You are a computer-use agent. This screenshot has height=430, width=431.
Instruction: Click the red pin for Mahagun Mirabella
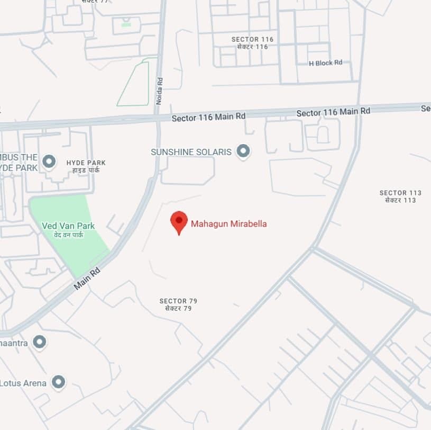pyautogui.click(x=179, y=221)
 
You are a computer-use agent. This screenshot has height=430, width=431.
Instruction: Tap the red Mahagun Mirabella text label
pyautogui.click(x=228, y=224)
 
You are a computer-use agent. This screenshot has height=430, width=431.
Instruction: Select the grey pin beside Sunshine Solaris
pyautogui.click(x=243, y=151)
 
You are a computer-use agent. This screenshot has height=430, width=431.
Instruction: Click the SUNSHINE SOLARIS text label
pyautogui.click(x=191, y=152)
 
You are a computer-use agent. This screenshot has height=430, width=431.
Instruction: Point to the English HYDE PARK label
pyautogui.click(x=86, y=163)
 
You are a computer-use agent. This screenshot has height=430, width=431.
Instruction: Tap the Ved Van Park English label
pyautogui.click(x=68, y=226)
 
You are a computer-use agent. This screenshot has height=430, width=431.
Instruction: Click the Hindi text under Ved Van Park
pyautogui.click(x=69, y=235)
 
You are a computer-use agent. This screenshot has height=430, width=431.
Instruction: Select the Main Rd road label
pyautogui.click(x=87, y=279)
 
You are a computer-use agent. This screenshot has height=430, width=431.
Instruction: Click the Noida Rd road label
pyautogui.click(x=160, y=91)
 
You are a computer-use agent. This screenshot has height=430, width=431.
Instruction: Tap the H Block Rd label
pyautogui.click(x=325, y=63)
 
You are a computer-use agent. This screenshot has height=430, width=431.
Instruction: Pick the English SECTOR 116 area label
pyautogui.click(x=252, y=39)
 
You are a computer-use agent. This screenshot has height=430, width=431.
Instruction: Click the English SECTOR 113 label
pyautogui.click(x=400, y=193)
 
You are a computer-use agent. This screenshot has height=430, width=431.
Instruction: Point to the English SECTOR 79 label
pyautogui.click(x=178, y=301)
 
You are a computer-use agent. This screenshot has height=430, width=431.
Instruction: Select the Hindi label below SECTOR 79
pyautogui.click(x=178, y=308)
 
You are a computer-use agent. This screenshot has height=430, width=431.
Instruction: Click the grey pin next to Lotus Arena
pyautogui.click(x=58, y=381)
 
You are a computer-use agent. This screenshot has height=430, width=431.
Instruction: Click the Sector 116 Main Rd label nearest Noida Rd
pyautogui.click(x=209, y=116)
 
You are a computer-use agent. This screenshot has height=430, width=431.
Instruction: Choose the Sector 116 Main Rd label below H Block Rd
pyautogui.click(x=333, y=112)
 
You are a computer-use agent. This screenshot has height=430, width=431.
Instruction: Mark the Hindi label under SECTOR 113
pyautogui.click(x=400, y=200)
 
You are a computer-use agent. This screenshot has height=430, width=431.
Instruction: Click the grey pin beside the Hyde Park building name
pyautogui.click(x=49, y=161)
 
